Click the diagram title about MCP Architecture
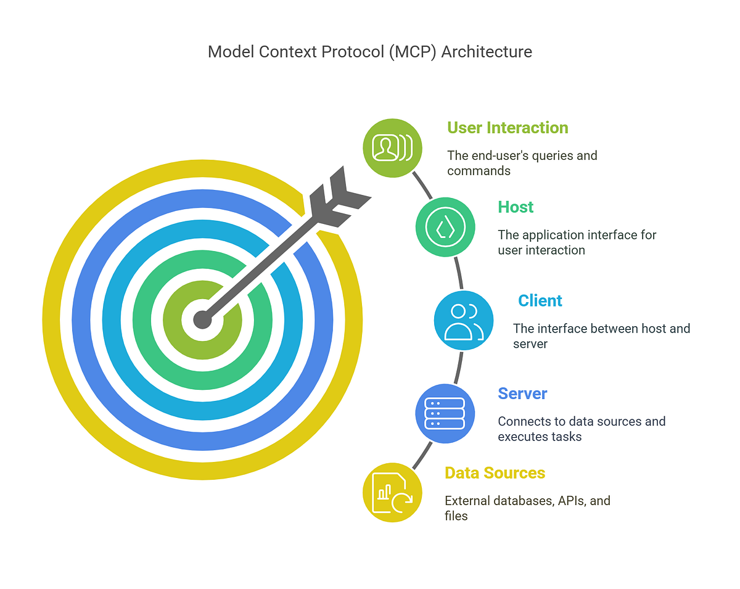click(369, 52)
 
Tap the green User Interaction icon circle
click(392, 149)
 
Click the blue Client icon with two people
click(463, 320)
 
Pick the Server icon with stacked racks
click(445, 413)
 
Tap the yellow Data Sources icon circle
click(392, 492)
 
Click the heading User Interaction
click(508, 128)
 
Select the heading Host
click(516, 207)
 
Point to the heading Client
click(540, 300)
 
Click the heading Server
click(522, 393)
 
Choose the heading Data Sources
click(495, 473)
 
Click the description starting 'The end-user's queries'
click(522, 163)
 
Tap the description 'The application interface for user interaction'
click(577, 242)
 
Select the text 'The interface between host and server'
click(601, 336)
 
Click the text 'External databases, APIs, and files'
click(527, 508)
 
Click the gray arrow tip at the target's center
click(202, 319)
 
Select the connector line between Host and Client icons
click(458, 273)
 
